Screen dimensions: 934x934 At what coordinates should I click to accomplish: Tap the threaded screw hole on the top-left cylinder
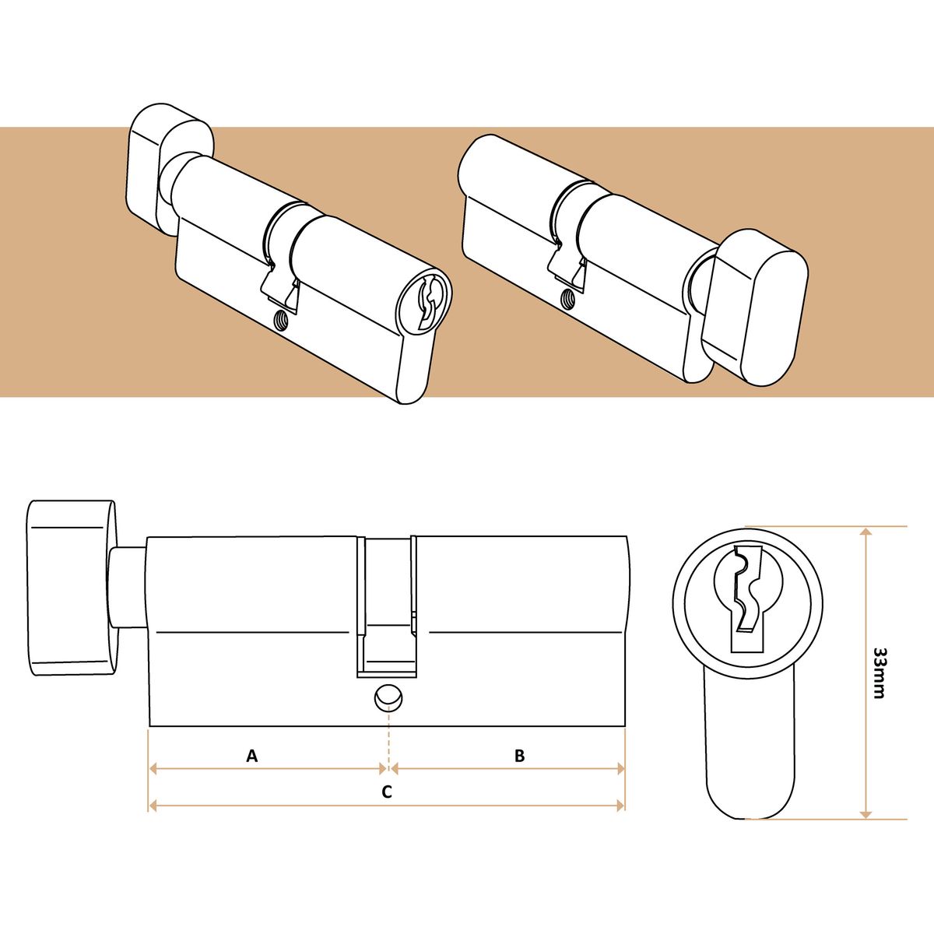[x=280, y=319]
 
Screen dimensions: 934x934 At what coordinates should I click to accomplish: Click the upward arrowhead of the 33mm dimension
[x=866, y=534]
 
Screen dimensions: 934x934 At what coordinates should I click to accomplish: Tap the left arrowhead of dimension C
[x=153, y=806]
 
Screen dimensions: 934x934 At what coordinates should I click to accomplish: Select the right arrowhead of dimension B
[x=620, y=769]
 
